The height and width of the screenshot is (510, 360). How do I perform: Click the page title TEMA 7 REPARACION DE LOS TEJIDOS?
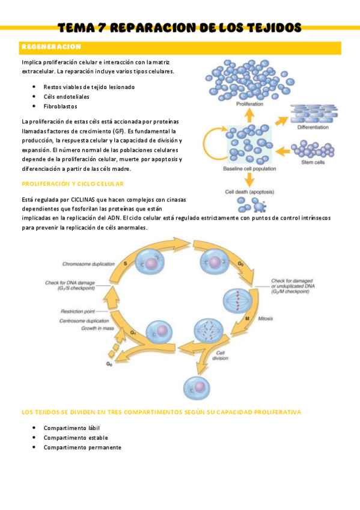[x=180, y=28]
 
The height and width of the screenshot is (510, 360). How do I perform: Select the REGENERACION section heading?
[x=51, y=47]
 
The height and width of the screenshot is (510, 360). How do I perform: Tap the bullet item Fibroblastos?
[x=60, y=106]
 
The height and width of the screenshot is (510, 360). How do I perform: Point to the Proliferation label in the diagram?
[x=249, y=105]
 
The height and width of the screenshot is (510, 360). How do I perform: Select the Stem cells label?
[x=313, y=162]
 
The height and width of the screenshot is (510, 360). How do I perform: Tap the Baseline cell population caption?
[x=249, y=169]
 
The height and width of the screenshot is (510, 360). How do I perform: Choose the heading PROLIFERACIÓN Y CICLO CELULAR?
[x=72, y=183]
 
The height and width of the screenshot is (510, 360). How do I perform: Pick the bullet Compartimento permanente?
[x=82, y=447]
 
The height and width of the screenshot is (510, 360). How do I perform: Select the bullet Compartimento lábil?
[x=72, y=428]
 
